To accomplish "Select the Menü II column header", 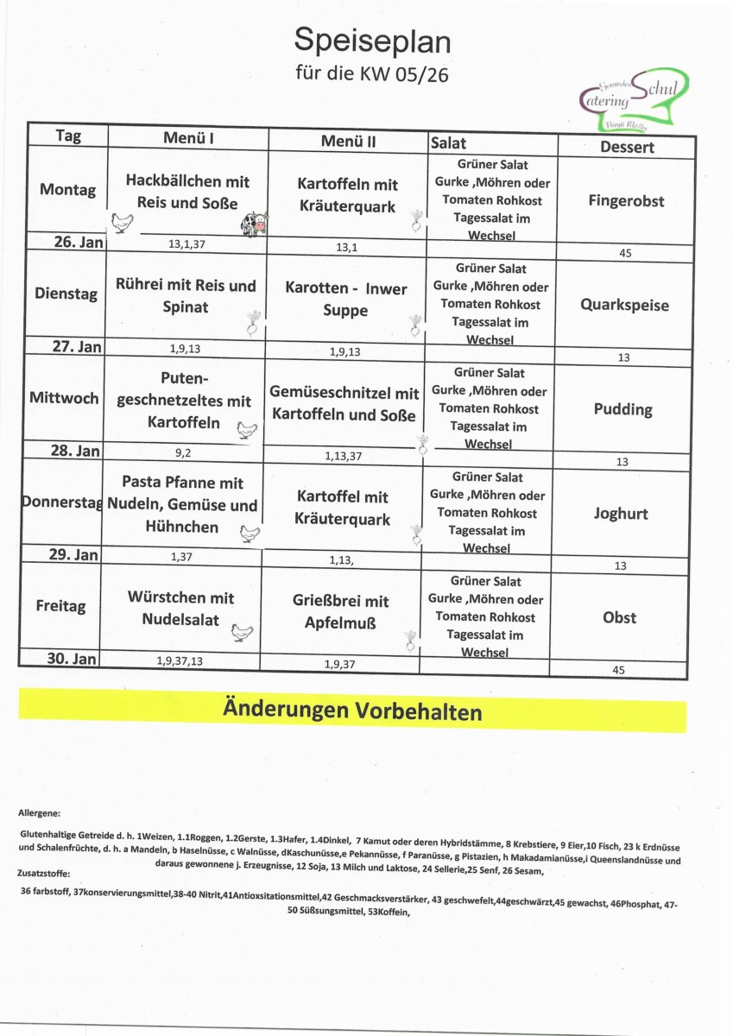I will [x=348, y=141].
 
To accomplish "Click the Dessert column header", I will [x=627, y=147].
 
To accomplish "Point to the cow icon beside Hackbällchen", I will [x=255, y=224].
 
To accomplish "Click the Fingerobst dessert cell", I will [x=626, y=201].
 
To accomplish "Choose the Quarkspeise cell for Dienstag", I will [x=623, y=305].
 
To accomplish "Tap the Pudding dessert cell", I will [x=622, y=409].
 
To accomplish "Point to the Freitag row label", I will [x=61, y=606].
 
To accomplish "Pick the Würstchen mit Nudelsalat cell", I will [x=180, y=608].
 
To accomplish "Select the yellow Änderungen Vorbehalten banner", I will [x=352, y=711].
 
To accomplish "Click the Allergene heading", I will [x=39, y=813].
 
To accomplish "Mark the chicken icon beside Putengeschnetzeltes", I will [x=248, y=430].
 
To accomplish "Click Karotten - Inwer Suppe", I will [x=345, y=299].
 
